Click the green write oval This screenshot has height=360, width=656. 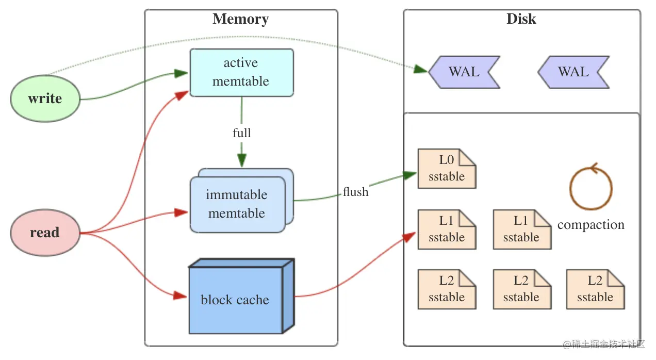pos(45,99)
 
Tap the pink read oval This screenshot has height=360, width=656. pos(45,233)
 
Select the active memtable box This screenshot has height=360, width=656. pos(241,72)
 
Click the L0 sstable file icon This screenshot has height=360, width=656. pos(446,169)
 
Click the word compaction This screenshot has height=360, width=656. pos(591,225)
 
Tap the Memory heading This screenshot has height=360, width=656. pos(240,19)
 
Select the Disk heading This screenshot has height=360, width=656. pos(521,19)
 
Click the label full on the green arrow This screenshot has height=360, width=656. pos(241,133)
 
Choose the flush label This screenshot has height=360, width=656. pos(356,192)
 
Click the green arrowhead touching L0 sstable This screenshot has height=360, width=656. pos(411,175)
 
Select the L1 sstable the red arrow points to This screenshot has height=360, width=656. pos(446,230)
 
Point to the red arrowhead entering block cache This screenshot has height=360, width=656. pos(180,296)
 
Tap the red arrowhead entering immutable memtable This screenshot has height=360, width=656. pos(181,212)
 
